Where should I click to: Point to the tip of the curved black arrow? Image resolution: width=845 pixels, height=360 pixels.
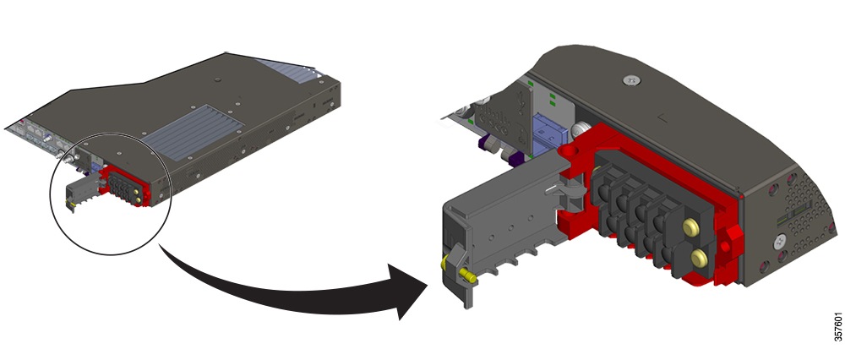(428, 292)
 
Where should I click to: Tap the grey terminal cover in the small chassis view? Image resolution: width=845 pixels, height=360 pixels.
(84, 191)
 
